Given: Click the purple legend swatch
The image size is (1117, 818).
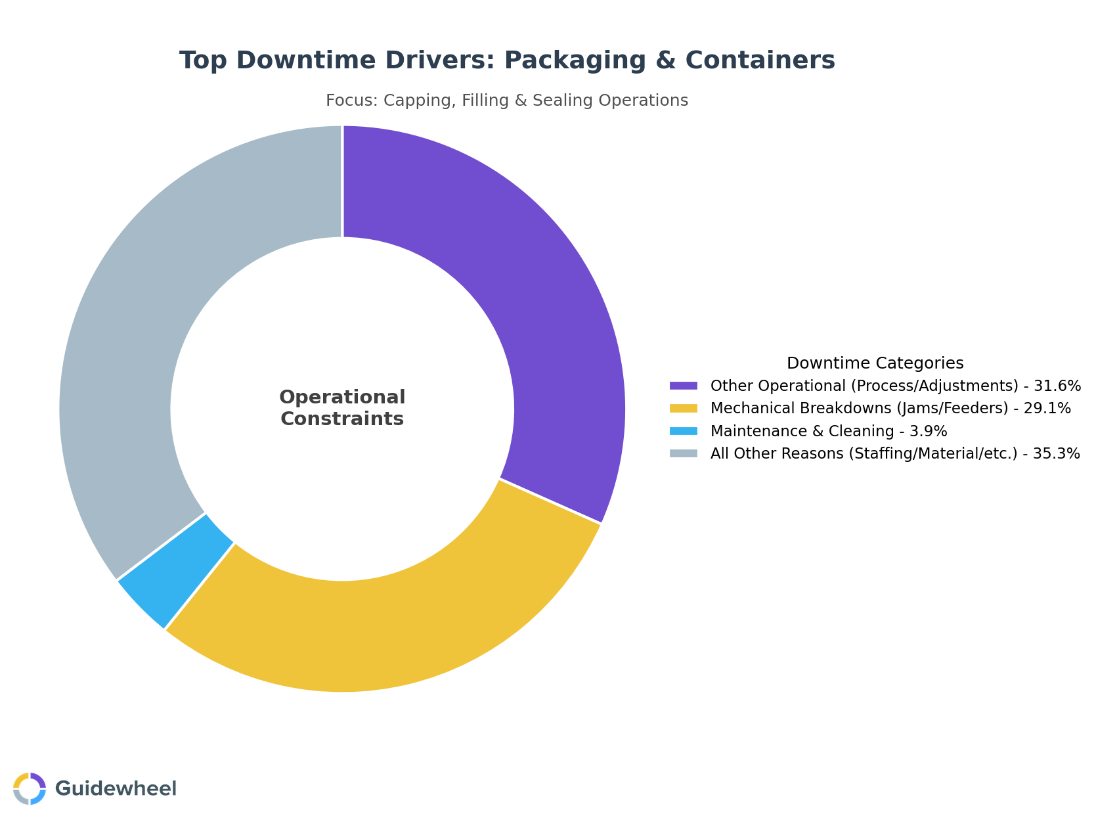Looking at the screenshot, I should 683,386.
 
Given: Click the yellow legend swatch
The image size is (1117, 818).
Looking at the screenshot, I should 683,409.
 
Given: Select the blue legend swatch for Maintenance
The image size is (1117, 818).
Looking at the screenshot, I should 683,432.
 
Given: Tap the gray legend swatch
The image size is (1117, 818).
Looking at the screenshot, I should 683,454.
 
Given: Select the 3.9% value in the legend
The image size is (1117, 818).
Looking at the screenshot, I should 929,432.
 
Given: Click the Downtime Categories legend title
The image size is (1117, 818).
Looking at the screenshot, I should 875,363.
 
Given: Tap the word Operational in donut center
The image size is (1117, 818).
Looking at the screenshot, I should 342,398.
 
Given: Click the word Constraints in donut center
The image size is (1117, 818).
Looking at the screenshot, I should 342,419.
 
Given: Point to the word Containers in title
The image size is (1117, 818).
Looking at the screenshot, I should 760,60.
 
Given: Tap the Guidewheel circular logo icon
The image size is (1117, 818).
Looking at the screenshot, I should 30,788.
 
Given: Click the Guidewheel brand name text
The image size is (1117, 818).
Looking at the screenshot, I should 116,788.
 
